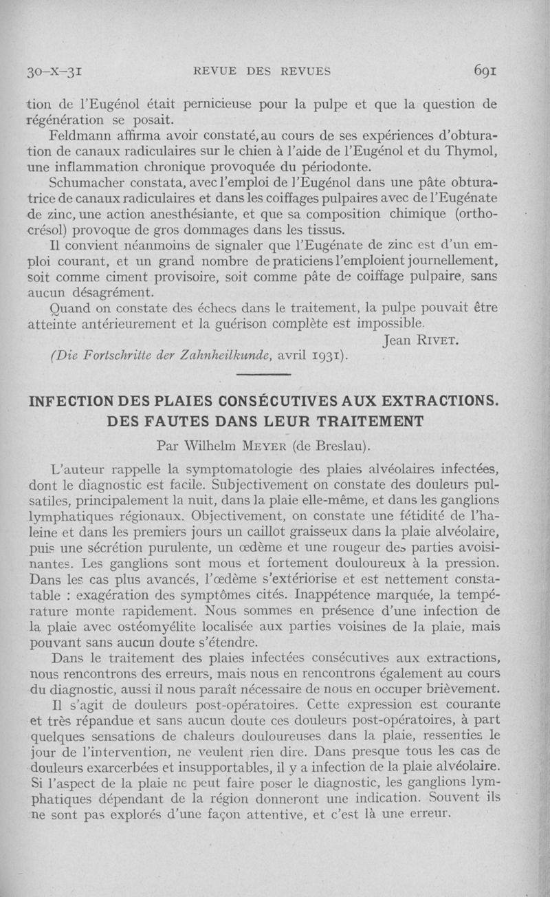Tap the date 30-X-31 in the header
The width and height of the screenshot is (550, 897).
tap(54, 71)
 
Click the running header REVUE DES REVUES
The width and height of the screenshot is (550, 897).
tap(263, 71)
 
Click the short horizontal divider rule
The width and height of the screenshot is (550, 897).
tap(264, 374)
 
